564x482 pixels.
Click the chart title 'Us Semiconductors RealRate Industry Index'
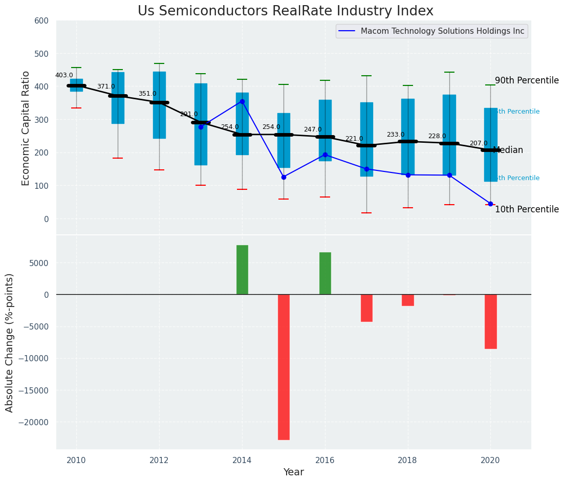285,11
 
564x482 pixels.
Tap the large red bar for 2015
284,367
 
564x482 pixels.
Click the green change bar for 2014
242,270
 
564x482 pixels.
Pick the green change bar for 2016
325,273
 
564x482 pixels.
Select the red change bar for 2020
490,321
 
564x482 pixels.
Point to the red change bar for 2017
366,308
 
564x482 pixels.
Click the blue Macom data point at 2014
242,101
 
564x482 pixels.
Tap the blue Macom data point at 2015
284,177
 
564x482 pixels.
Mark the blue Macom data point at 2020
490,204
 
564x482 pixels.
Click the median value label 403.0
64,75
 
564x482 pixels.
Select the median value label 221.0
354,139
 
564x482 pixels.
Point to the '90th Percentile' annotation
527,81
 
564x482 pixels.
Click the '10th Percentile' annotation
527,210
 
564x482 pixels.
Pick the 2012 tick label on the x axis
159,460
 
